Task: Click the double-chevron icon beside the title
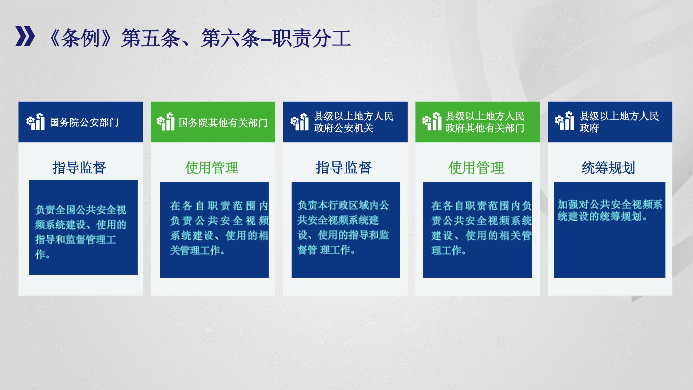tap(25, 36)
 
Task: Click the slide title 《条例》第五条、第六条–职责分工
tap(200, 38)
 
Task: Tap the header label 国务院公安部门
tap(84, 122)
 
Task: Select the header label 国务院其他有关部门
tap(223, 123)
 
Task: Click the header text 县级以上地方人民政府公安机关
tap(354, 122)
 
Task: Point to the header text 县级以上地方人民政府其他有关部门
tap(485, 122)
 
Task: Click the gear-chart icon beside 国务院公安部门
tap(35, 122)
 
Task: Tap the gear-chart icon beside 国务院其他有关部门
tap(166, 122)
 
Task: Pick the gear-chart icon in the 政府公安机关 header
tap(299, 122)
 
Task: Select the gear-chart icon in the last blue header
tap(564, 121)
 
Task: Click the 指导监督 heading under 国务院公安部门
tap(79, 168)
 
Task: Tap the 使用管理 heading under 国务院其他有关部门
tap(212, 168)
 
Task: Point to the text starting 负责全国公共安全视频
tap(81, 232)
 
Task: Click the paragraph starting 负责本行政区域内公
tap(343, 228)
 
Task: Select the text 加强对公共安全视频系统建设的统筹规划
tap(610, 210)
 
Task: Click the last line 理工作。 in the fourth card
tap(449, 251)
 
